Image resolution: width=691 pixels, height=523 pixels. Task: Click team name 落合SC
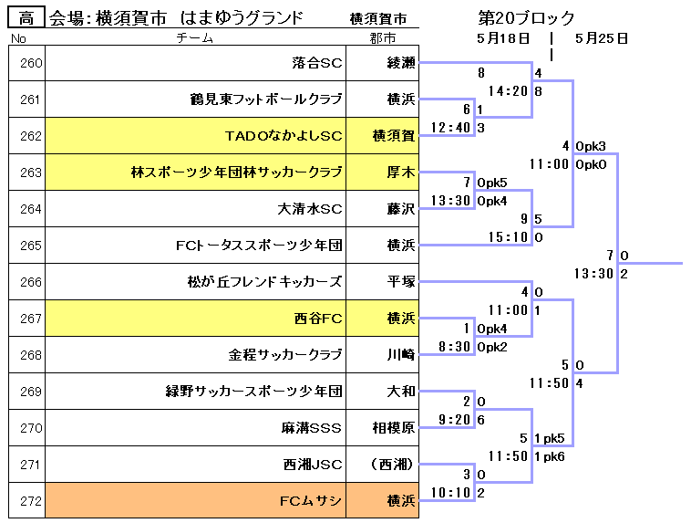[316, 63]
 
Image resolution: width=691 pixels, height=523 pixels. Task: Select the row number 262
[30, 136]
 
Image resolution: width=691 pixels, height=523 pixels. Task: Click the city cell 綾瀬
[400, 63]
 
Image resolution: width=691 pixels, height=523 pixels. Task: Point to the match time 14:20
[509, 91]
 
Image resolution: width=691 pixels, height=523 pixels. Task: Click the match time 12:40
[452, 128]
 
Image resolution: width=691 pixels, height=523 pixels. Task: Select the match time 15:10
[509, 237]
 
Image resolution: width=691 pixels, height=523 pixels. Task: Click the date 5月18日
[502, 37]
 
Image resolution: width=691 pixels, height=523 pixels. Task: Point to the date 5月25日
[602, 37]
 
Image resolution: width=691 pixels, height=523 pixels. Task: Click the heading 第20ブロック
[526, 18]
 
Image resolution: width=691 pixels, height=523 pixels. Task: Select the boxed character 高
[26, 18]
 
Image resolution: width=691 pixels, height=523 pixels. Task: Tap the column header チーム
[194, 38]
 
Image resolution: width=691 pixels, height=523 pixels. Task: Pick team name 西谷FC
[318, 319]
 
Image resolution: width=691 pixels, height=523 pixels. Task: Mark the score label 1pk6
[550, 456]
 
